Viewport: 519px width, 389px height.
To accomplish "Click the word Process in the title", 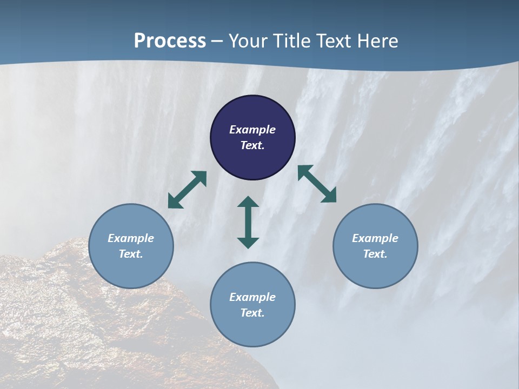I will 170,41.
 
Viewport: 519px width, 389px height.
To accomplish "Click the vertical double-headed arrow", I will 248,222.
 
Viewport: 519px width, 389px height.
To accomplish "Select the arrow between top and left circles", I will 187,190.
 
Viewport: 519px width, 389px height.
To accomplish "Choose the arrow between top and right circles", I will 317,184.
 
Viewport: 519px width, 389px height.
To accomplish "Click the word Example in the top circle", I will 252,130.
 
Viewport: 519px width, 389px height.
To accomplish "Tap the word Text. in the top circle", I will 252,145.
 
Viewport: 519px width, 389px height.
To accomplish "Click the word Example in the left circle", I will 131,238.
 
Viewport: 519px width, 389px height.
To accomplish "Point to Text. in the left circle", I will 131,254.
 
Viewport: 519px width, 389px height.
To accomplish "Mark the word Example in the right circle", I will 375,238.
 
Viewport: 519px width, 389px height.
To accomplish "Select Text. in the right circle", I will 375,254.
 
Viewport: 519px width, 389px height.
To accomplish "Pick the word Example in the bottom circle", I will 252,297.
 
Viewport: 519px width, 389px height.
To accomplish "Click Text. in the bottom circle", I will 252,313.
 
